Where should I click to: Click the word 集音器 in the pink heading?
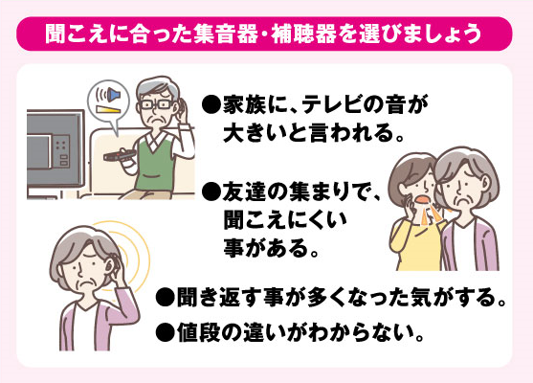pyautogui.click(x=226, y=34)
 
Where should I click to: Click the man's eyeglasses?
pyautogui.click(x=156, y=104)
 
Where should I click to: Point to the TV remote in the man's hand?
pyautogui.click(x=120, y=155)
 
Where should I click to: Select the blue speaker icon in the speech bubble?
pyautogui.click(x=113, y=95)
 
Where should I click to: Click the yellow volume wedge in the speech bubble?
pyautogui.click(x=108, y=109)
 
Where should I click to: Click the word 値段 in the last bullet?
pyautogui.click(x=197, y=332)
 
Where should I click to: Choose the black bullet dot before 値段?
pyautogui.click(x=165, y=333)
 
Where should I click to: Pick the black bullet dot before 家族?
pyautogui.click(x=211, y=105)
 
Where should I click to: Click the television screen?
pyautogui.click(x=55, y=148)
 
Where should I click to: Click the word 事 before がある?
pyautogui.click(x=233, y=248)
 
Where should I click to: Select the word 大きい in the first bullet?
pyautogui.click(x=254, y=134)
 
